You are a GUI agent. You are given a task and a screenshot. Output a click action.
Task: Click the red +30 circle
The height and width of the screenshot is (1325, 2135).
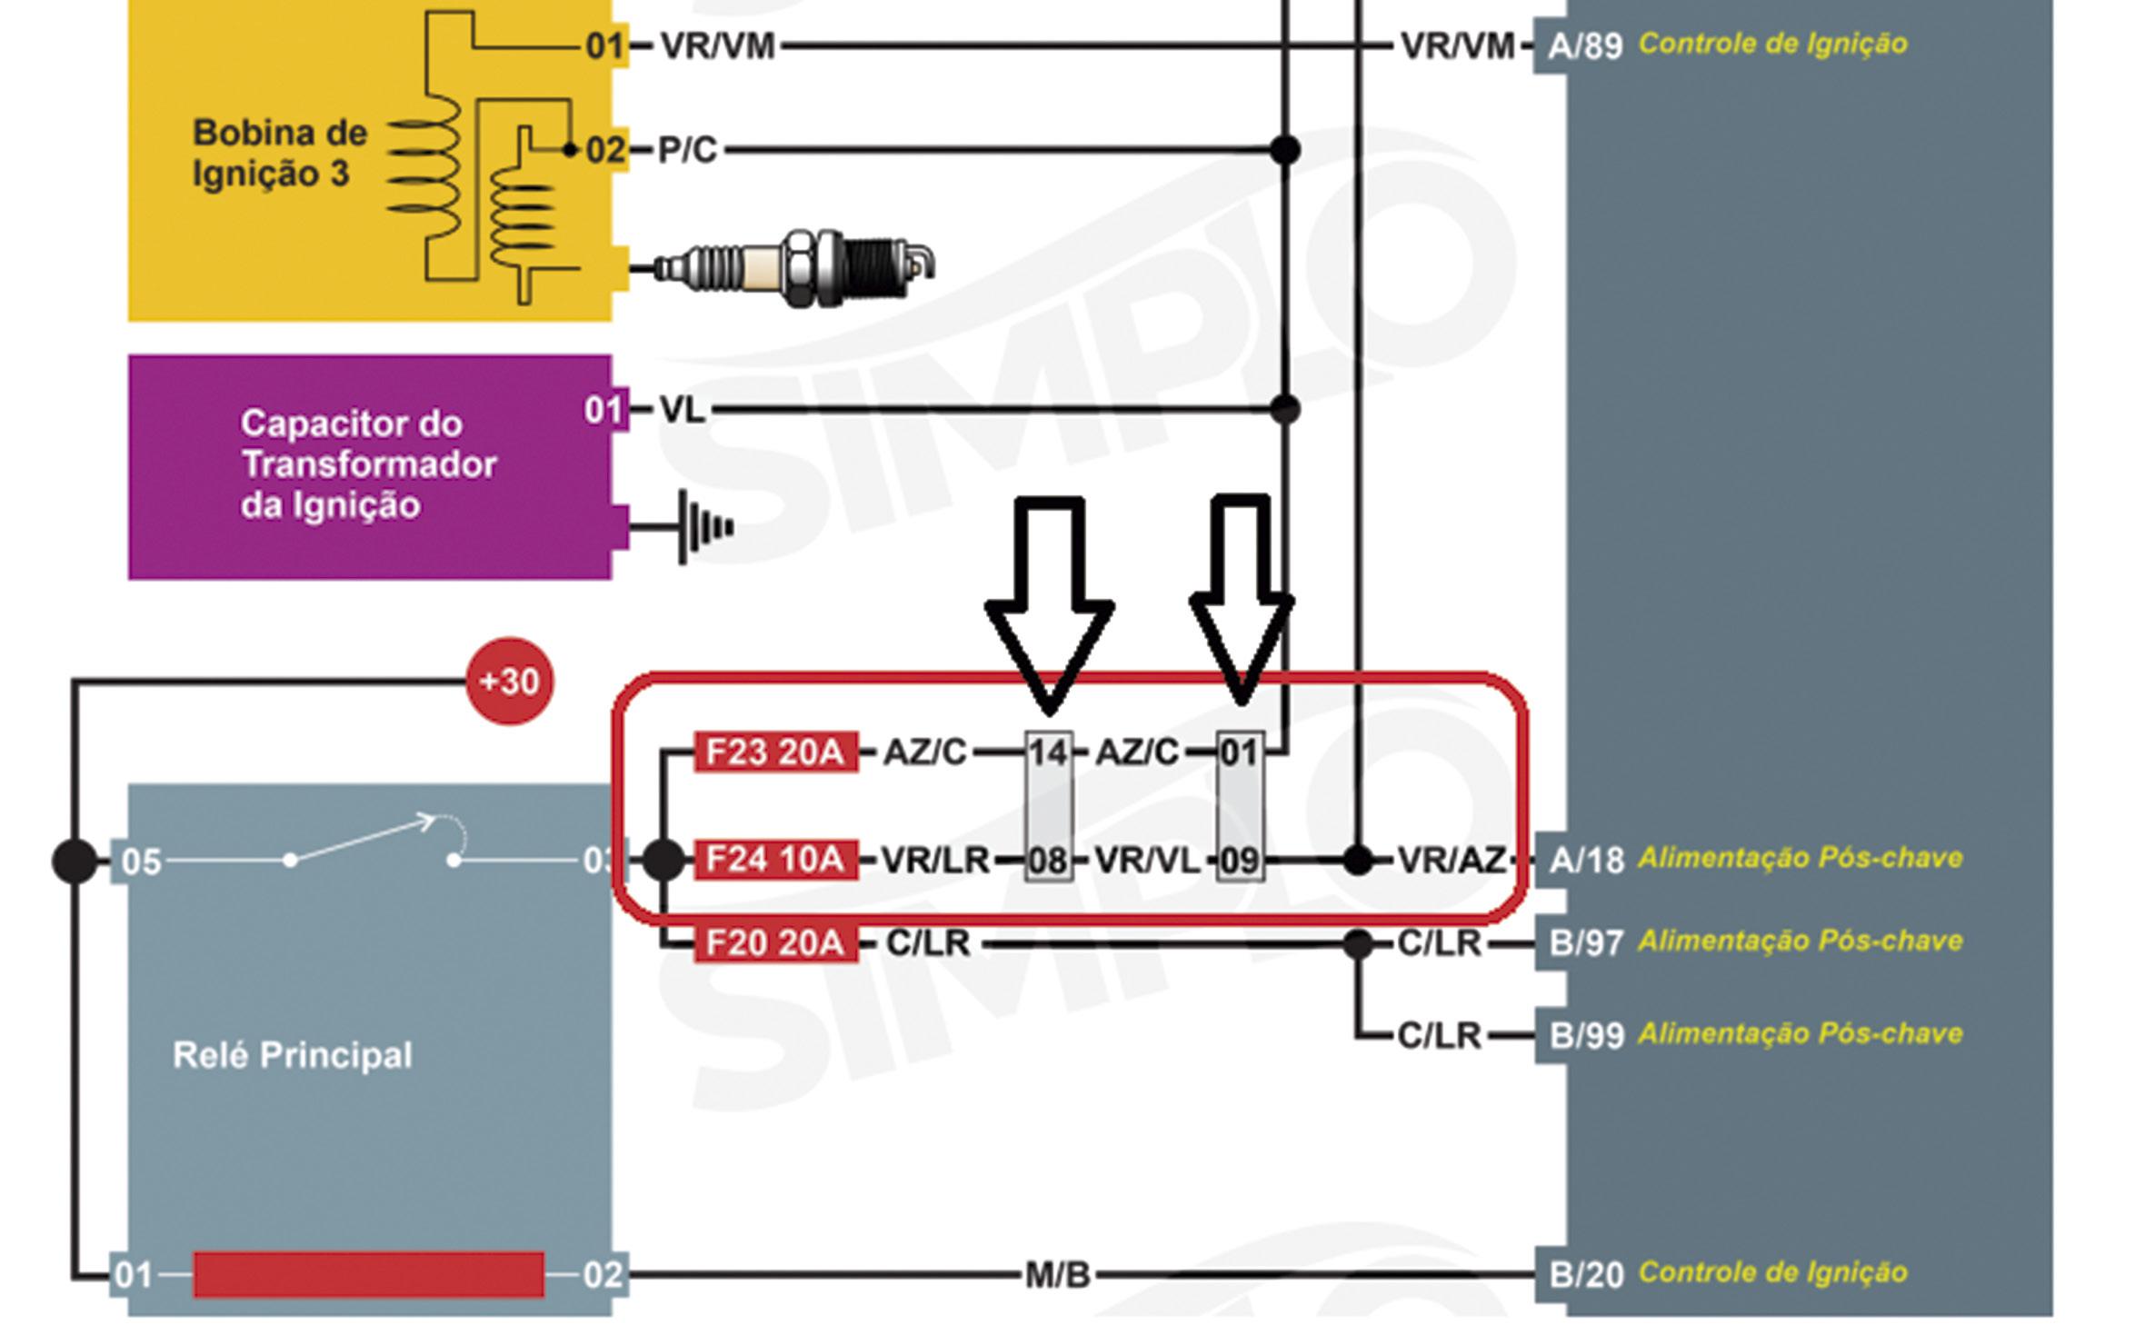tap(509, 681)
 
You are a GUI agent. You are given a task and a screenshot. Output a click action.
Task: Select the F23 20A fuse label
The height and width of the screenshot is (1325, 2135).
tap(775, 752)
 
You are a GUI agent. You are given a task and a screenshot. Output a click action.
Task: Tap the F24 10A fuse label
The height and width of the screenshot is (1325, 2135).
tap(775, 859)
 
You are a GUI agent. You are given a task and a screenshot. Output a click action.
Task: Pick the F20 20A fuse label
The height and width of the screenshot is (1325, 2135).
tap(775, 943)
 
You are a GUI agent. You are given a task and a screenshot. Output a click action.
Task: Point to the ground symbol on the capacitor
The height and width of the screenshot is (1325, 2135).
tap(704, 526)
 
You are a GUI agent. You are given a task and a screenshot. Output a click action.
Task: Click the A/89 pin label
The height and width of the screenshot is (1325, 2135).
tap(1584, 45)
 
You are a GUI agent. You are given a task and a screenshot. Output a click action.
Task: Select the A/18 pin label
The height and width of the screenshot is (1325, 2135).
tap(1586, 860)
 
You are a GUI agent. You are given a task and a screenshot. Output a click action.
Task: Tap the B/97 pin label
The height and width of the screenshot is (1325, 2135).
tap(1586, 943)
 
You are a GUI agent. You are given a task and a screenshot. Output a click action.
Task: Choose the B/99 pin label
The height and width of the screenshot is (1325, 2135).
tap(1586, 1035)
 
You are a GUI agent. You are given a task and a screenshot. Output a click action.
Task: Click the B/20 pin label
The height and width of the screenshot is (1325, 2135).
tap(1586, 1274)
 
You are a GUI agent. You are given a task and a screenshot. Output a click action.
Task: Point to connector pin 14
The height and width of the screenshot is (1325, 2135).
tap(1048, 753)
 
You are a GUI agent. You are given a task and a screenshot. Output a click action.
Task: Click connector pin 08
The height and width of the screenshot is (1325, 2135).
tap(1048, 860)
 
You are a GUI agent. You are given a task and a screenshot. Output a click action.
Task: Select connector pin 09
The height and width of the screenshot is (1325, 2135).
tap(1240, 860)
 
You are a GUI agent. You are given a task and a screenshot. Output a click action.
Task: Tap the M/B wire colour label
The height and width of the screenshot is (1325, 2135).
tap(1057, 1275)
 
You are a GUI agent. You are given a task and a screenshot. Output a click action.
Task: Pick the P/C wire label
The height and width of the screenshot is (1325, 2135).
tap(687, 150)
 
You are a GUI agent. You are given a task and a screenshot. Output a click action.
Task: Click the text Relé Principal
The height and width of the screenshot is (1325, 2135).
tap(292, 1055)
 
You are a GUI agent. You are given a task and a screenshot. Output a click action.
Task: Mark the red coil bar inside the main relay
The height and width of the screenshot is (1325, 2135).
tap(369, 1274)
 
